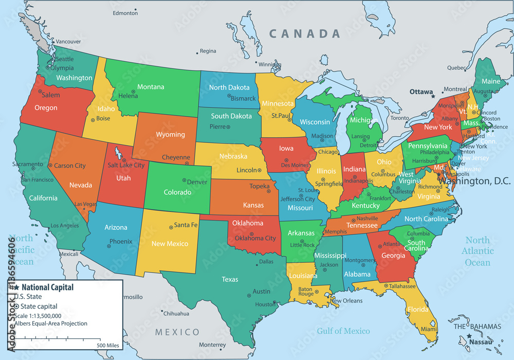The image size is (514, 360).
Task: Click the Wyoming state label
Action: tap(170, 135)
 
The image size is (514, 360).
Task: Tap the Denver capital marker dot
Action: tap(183, 181)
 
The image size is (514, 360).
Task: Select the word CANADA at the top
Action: tap(305, 34)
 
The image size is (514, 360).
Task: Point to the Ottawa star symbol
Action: tap(433, 96)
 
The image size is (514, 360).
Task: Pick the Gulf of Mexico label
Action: tap(343, 331)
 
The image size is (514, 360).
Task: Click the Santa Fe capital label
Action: tap(186, 225)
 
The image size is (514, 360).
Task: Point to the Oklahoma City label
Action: tap(255, 238)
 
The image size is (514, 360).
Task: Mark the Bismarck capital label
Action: tap(243, 98)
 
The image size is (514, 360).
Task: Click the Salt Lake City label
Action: tap(126, 165)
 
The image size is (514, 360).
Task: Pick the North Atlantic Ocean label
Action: tap(478, 251)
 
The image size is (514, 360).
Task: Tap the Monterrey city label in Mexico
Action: tap(212, 345)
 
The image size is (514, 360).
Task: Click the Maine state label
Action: tap(491, 81)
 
